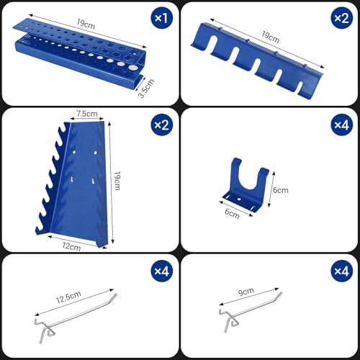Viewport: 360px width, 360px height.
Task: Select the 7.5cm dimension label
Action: pyautogui.click(x=88, y=113)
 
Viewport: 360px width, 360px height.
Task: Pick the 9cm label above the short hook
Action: pyautogui.click(x=247, y=292)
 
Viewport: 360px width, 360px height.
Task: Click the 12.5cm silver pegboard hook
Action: pyautogui.click(x=72, y=313)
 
